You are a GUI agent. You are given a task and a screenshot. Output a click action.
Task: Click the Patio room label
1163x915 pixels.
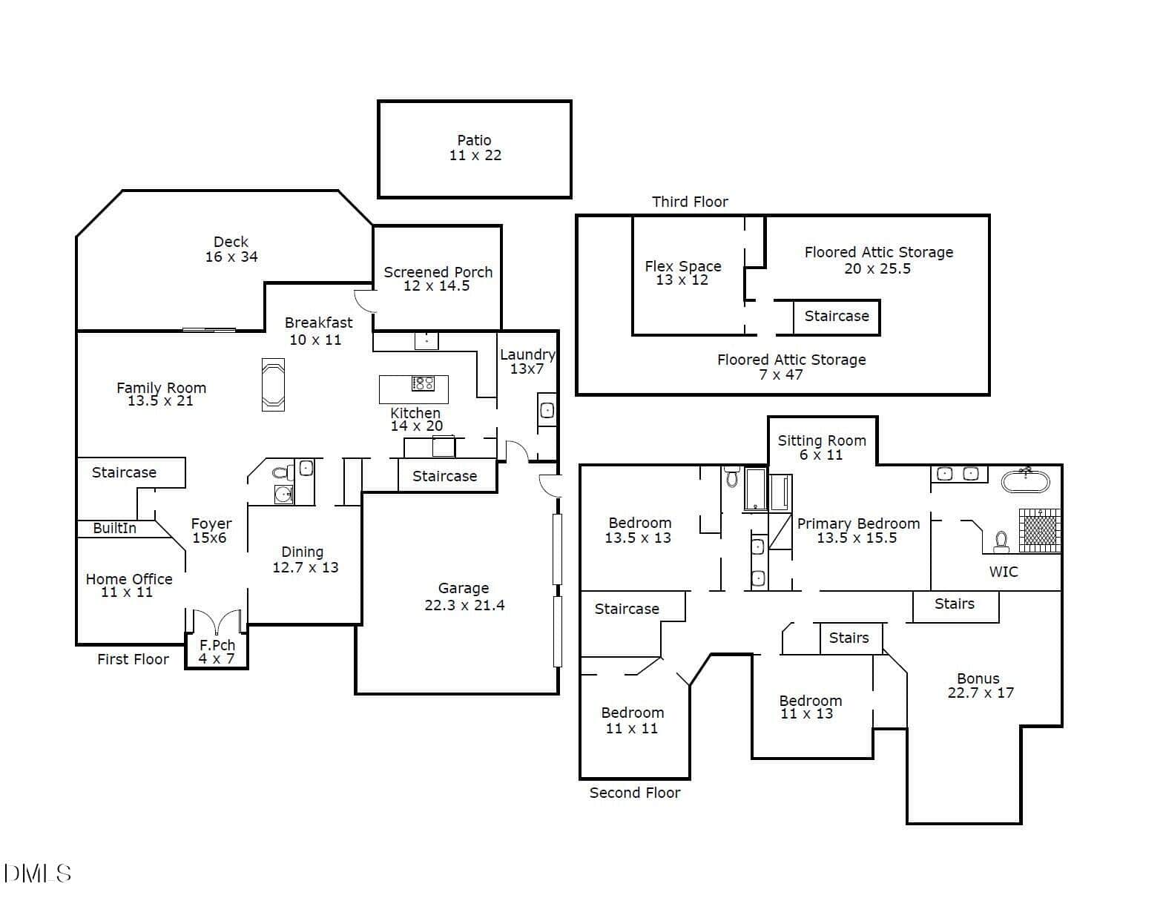[x=475, y=148]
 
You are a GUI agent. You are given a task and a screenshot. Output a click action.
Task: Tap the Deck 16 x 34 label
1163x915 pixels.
[x=231, y=249]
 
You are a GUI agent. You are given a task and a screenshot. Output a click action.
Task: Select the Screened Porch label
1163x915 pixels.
[x=438, y=279]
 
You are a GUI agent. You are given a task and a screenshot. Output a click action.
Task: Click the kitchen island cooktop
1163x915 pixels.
[x=423, y=383]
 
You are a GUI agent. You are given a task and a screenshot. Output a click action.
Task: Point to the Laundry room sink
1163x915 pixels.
[x=547, y=411]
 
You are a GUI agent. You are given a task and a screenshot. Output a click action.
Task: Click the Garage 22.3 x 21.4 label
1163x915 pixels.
[x=464, y=597]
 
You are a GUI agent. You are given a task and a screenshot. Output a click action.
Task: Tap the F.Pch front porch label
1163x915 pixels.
[x=217, y=652]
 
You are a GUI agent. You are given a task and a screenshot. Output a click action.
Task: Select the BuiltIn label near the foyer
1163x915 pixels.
[x=114, y=528]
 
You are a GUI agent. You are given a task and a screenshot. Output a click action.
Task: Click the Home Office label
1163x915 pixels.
[x=128, y=586]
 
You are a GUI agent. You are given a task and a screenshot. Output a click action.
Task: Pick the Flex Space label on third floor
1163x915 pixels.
[x=682, y=273]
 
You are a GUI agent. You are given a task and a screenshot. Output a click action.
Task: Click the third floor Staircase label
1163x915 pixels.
[x=837, y=316]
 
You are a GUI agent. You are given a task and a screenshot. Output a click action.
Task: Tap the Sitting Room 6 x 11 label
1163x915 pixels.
[x=822, y=448]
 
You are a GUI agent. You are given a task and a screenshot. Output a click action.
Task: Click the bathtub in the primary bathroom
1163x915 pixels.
[x=1025, y=480]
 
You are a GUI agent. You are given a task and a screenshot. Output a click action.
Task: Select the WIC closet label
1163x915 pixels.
[x=1004, y=572]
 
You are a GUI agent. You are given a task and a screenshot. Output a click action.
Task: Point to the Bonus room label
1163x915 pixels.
[x=981, y=685]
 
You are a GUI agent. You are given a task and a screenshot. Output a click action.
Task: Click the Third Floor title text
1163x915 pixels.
[x=690, y=202]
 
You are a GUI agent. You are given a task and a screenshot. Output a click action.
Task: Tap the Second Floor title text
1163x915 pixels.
[x=635, y=793]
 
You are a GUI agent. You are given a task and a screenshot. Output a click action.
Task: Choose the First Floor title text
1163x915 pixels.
[x=133, y=659]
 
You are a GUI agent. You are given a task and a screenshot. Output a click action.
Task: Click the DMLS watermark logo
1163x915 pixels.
[x=37, y=874]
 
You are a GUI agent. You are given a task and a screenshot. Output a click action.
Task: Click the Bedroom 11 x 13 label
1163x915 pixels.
[x=810, y=707]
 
